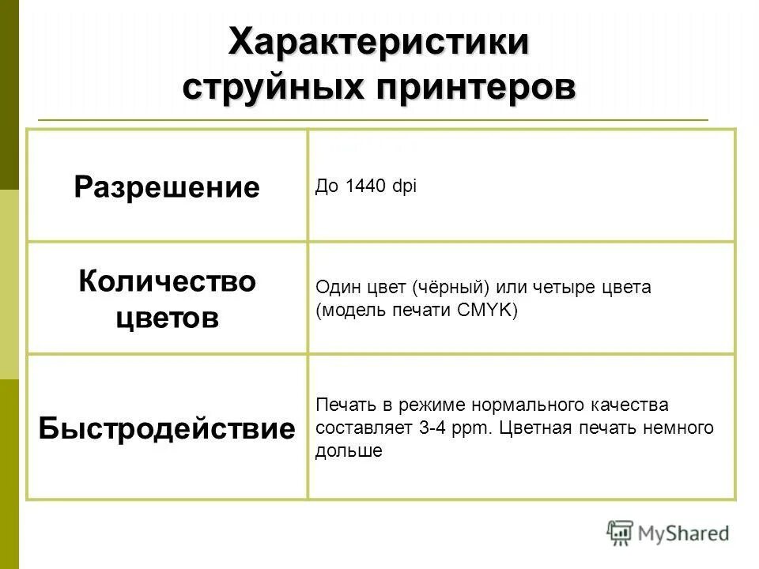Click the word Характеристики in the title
pos(379,41)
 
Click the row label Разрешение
pos(167,187)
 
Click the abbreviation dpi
pos(404,187)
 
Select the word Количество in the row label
pos(167,281)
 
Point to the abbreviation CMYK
pos(488,310)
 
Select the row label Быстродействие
pos(167,429)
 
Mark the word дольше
pos(349,451)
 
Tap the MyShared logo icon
pos(621,531)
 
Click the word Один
pos(334,287)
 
